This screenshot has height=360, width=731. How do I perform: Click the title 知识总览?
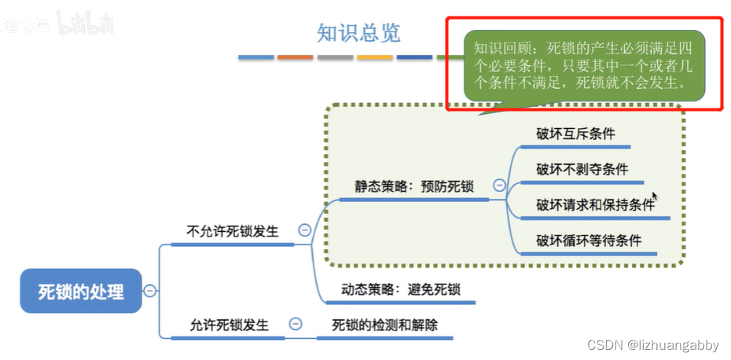(358, 33)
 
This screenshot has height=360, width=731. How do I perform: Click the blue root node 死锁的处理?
(82, 292)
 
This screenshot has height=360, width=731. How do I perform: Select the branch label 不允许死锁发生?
(233, 231)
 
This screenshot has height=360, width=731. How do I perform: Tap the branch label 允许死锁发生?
(230, 324)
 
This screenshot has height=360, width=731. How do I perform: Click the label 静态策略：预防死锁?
(413, 187)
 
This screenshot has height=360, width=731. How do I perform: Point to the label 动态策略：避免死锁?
(401, 289)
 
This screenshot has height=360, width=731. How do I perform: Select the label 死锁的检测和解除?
(384, 325)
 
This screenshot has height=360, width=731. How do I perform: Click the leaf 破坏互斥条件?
(575, 134)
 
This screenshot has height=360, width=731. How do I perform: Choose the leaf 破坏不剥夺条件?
(582, 169)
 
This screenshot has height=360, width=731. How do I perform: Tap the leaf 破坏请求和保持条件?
(595, 204)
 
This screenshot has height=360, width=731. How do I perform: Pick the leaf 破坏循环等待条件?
(589, 240)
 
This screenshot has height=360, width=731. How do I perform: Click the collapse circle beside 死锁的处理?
(149, 291)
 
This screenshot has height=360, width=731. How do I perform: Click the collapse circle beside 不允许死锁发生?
(304, 230)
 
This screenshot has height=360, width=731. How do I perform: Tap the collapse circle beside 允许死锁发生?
(296, 323)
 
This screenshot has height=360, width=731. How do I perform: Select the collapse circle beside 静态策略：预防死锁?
(499, 186)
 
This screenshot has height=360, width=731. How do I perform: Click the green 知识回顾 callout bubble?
(583, 65)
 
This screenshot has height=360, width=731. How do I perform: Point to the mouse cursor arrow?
(654, 197)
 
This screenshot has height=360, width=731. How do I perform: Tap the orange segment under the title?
(296, 57)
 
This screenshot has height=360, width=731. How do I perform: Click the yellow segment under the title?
(375, 57)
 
